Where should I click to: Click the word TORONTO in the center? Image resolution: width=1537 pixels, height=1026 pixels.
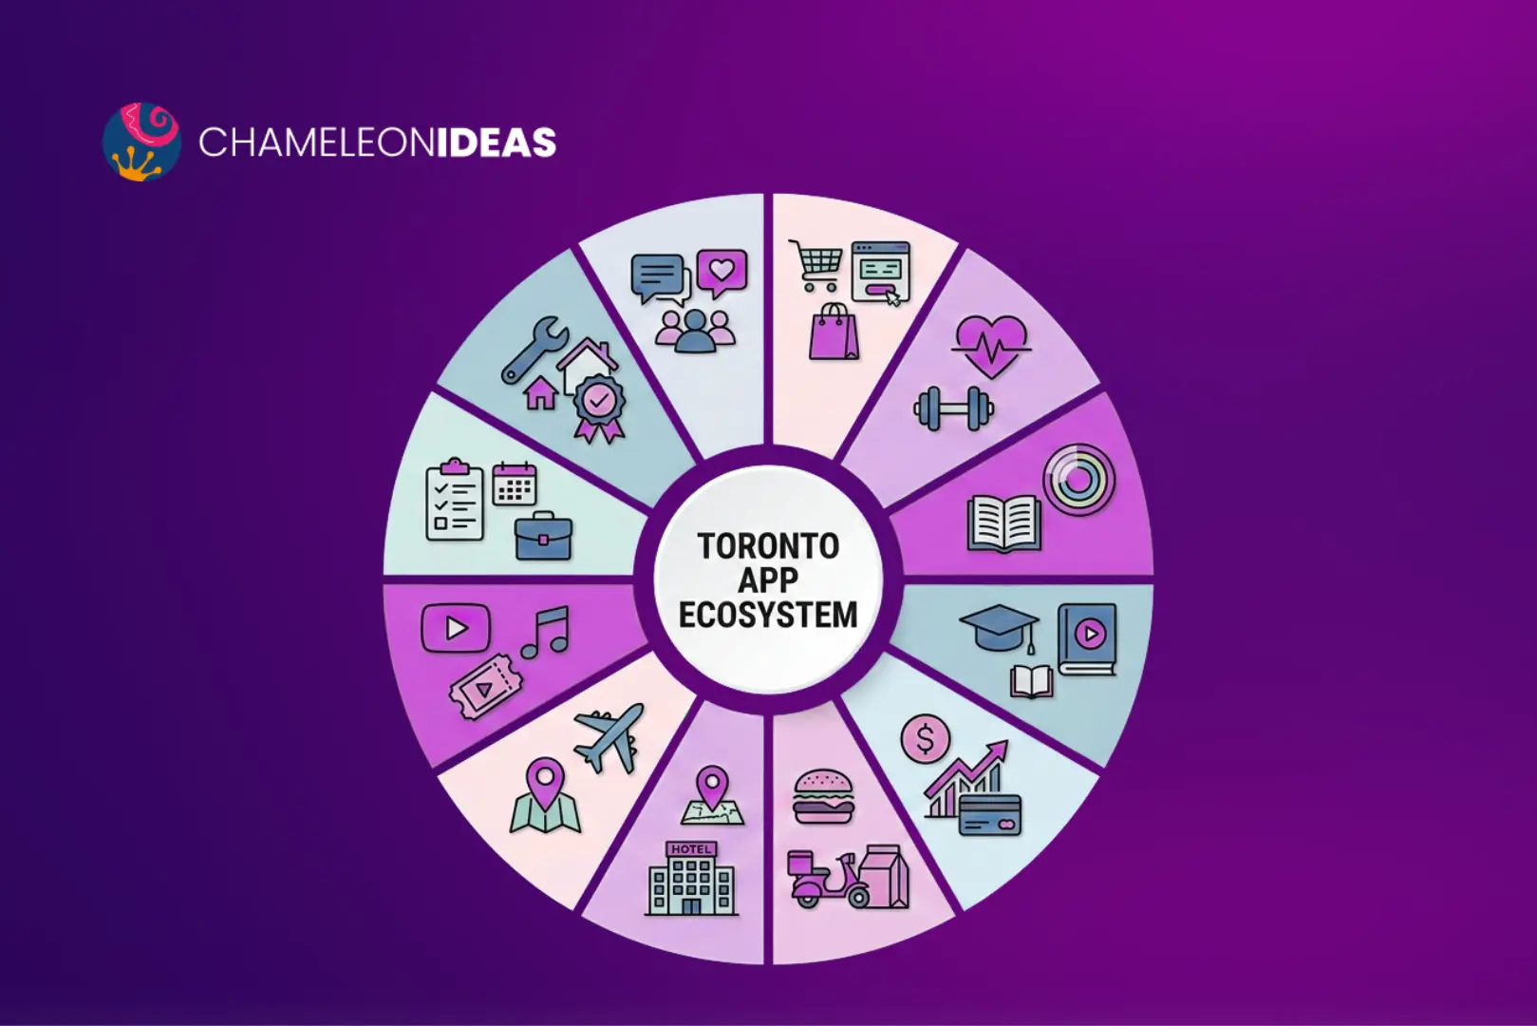(768, 546)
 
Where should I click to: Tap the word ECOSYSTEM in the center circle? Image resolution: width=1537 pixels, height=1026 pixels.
(768, 616)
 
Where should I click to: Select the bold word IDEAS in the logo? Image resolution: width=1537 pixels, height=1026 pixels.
(496, 142)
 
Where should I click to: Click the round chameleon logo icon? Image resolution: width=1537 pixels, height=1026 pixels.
(141, 142)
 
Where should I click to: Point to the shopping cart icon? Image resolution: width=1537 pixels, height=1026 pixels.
(816, 264)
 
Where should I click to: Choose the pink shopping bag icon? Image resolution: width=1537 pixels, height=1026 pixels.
(834, 332)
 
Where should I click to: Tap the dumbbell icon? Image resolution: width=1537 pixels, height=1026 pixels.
(953, 408)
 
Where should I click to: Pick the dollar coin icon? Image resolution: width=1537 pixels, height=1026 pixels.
(925, 738)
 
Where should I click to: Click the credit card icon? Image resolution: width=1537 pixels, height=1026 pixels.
(989, 815)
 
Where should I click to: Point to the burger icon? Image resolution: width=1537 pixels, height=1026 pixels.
(823, 796)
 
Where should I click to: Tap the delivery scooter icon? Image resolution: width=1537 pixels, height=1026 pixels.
(828, 880)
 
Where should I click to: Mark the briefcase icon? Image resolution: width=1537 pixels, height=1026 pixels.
(543, 538)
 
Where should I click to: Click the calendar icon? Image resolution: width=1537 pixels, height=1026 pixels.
(515, 484)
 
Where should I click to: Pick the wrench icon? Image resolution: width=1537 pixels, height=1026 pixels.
(534, 349)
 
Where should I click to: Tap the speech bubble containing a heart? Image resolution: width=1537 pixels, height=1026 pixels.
(722, 272)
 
